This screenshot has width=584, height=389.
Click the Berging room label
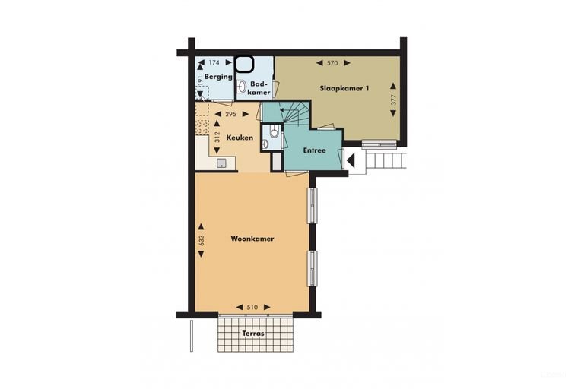pos(218,76)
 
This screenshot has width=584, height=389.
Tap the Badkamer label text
pos(259,88)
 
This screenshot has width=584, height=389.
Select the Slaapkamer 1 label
pos(344,89)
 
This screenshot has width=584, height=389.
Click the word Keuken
pos(240,138)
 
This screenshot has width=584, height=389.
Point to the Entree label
pos(314,150)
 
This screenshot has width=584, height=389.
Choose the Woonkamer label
pos(252,239)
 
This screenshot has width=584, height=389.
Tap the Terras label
pos(253,334)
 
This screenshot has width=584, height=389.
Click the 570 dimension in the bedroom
pos(332,63)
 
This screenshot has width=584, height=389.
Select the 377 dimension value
pos(394,100)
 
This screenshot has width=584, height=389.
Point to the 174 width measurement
pos(214,62)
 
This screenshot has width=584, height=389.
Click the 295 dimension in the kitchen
pos(231,114)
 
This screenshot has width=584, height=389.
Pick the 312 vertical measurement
pos(217,137)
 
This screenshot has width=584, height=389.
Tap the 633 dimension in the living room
pos(202,240)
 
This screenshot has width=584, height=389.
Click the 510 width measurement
pos(252,308)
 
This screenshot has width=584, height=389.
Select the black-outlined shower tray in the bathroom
pos(244,64)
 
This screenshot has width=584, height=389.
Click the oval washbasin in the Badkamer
pos(242,87)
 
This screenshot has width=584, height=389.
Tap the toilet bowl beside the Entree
pos(275,131)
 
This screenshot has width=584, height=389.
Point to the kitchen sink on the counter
pos(221,163)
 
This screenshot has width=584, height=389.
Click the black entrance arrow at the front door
pos(351,161)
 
